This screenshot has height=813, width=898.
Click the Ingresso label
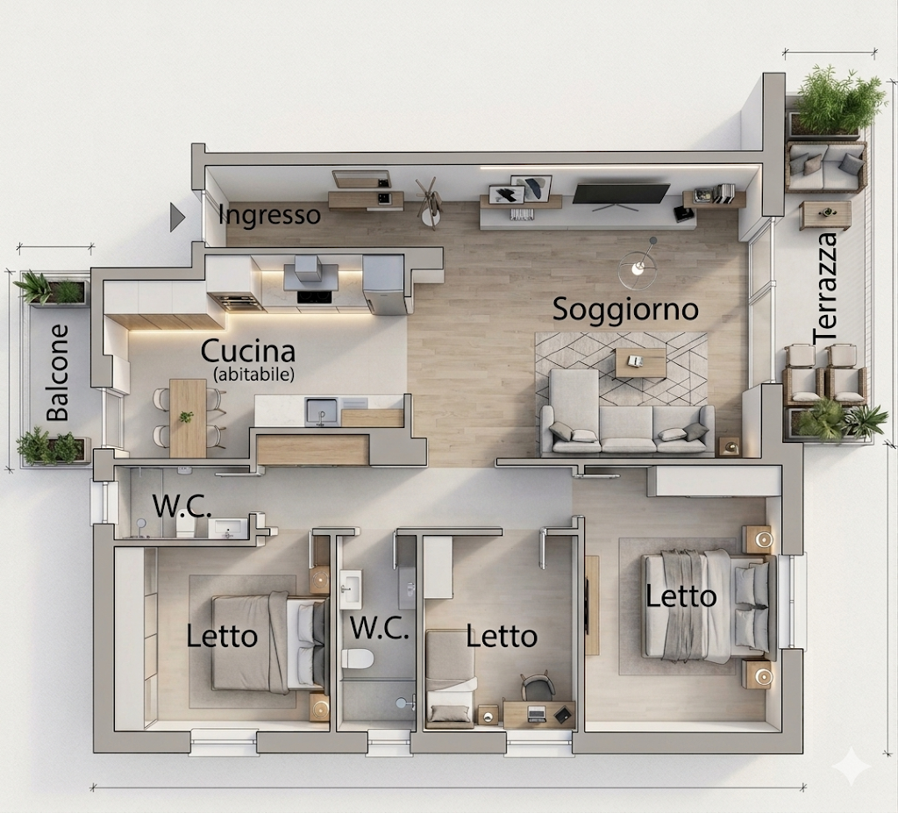269,216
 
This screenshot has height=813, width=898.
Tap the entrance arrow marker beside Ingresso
177,218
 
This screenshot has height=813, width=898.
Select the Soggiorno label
625,310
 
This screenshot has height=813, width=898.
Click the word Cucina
248,351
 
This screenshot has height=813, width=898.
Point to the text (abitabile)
253,374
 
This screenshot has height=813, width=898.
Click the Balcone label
57,373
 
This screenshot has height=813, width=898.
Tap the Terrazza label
825,289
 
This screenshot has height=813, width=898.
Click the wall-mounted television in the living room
621,195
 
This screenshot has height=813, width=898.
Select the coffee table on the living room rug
640,363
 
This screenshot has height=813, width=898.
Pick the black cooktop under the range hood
314,296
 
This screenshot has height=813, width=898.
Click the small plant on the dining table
186,417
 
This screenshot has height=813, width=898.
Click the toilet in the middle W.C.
358,659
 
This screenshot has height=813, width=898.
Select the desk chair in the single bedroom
538,687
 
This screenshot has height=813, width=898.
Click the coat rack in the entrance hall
430,201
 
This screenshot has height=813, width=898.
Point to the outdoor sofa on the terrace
826,167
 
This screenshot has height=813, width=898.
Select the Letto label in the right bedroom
681,596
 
